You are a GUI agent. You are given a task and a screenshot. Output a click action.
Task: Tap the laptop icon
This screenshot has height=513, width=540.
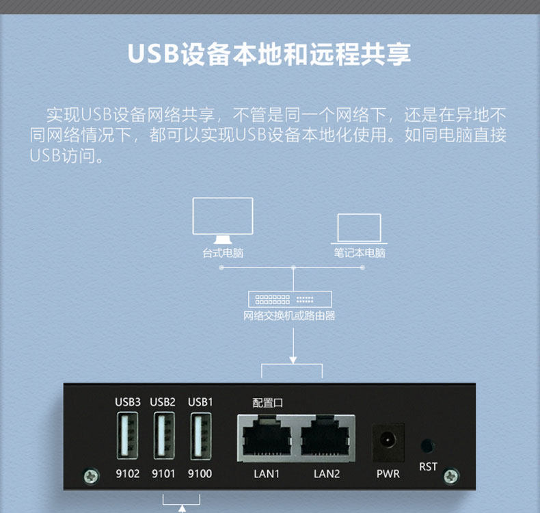point(359,228)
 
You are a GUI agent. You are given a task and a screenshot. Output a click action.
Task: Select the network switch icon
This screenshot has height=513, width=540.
point(291,299)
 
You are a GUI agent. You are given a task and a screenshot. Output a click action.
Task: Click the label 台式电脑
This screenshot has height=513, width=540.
point(222,253)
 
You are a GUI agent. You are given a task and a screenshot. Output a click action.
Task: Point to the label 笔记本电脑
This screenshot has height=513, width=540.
point(360,253)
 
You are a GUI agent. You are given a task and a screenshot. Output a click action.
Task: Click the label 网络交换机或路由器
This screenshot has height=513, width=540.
point(290,316)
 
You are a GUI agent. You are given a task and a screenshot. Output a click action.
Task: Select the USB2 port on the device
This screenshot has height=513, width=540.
point(163,436)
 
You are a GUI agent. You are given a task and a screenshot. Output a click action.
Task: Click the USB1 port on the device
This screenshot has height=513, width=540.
point(200,436)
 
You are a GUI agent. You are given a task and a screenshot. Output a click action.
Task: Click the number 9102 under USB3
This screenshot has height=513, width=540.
point(127,473)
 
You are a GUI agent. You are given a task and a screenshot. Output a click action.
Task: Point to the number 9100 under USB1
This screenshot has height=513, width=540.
point(200,473)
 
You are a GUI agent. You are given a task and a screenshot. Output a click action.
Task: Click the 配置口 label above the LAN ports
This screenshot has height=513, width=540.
point(267,403)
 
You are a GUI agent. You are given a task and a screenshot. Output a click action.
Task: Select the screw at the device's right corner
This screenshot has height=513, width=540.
point(451,476)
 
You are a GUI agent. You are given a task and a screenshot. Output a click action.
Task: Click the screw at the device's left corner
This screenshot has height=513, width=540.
point(89,475)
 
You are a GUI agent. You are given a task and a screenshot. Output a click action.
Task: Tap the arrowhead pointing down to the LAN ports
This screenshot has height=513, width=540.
point(293,358)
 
